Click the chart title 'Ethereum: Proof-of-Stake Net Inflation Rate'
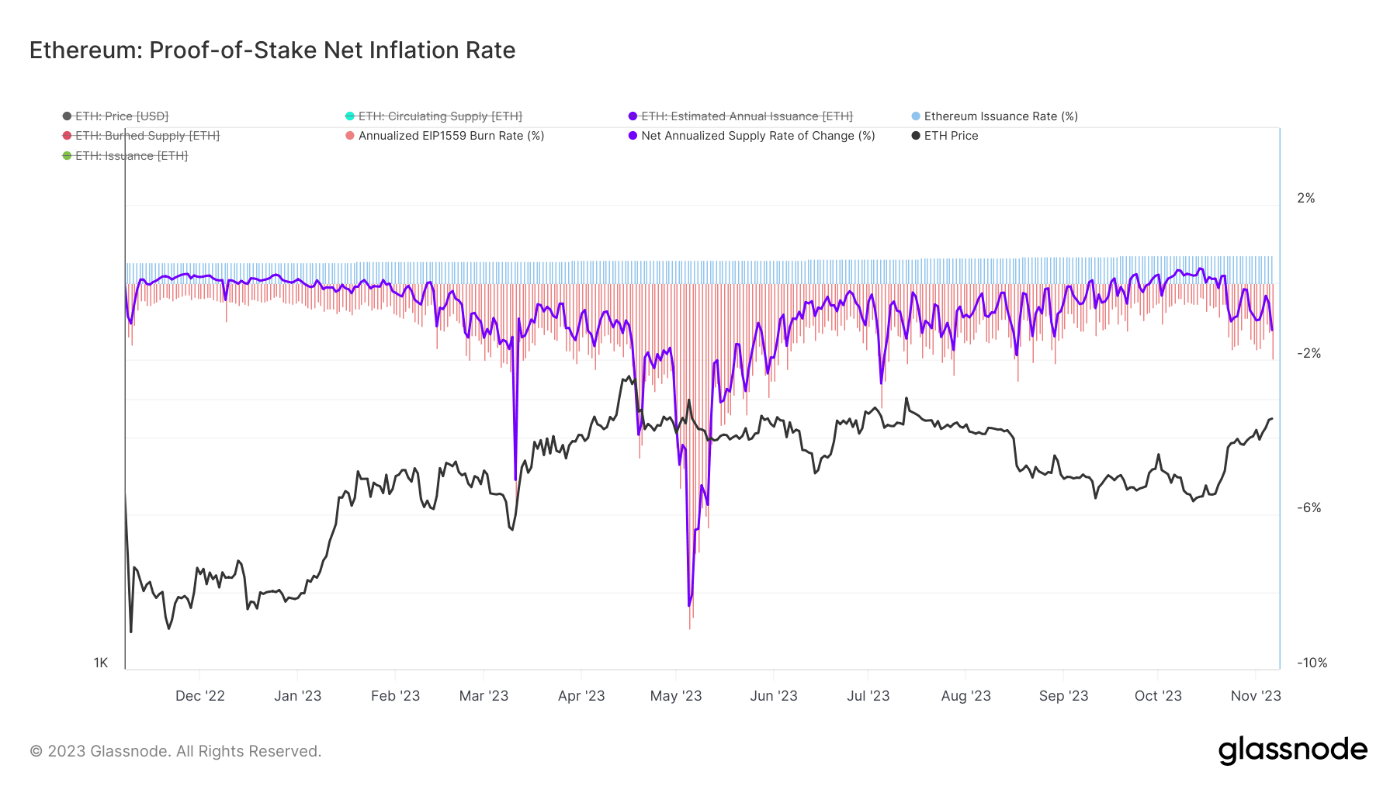272,50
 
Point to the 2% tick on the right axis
1306,199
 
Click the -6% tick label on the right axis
1309,508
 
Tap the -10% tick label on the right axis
1312,663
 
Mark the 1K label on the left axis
101,663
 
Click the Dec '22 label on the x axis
200,696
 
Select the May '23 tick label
676,696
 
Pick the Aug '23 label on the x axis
965,696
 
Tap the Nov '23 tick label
1256,696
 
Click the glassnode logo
1292,750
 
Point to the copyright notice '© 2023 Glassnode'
175,751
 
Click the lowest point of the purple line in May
688,605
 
